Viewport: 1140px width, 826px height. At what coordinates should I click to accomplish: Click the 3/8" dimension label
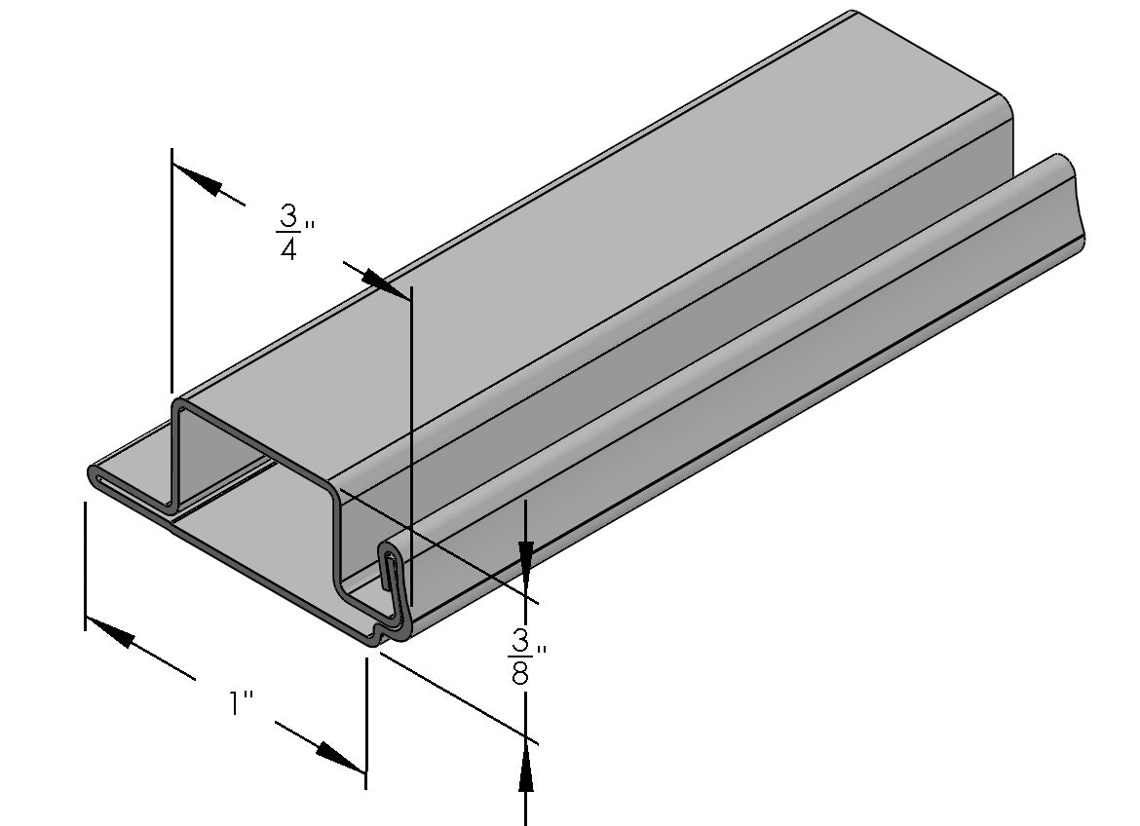tap(528, 656)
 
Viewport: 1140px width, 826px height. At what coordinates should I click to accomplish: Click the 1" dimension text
tap(241, 703)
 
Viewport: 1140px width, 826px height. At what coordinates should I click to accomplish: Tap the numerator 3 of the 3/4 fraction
tap(288, 216)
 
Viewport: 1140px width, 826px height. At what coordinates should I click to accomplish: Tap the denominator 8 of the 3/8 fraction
tap(520, 673)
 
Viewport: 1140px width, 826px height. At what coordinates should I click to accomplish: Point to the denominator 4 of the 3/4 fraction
tap(288, 249)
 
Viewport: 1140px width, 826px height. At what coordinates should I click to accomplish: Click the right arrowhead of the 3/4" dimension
tap(386, 283)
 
